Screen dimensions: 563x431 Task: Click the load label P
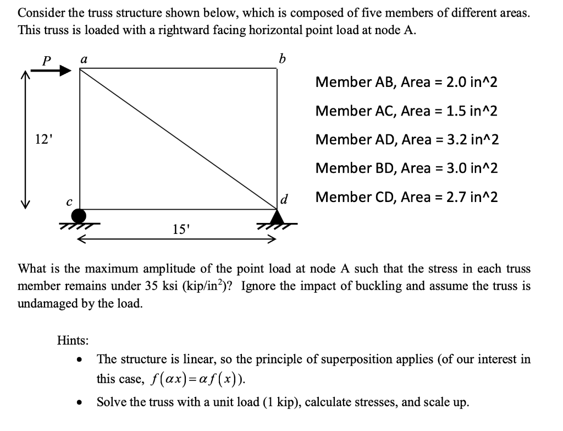coord(48,61)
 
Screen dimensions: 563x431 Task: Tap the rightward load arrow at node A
coord(58,70)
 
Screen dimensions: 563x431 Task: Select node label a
coord(83,57)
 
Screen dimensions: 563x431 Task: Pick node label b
coord(283,58)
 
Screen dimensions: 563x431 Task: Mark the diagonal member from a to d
coord(178,138)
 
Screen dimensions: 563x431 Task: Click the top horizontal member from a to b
coord(178,68)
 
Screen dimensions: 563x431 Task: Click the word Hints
coord(73,340)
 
